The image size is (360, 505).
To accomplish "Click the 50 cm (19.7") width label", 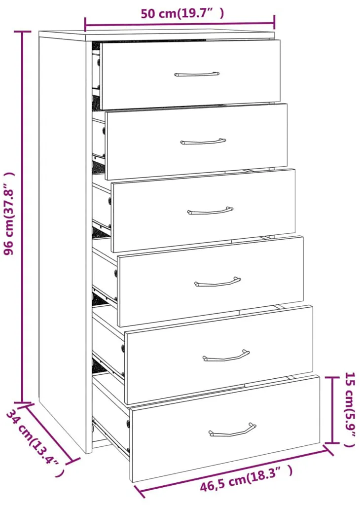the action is pos(182,13).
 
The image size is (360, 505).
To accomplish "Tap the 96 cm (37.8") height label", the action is pos(9,214).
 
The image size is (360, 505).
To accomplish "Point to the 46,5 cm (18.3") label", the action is pos(247,480).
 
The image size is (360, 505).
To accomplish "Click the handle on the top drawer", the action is pos(197,74).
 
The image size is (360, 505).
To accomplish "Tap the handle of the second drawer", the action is pos(203,142).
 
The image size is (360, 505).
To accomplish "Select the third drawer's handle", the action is pos(210,211).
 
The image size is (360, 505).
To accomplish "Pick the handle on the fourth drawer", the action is pos(217,282).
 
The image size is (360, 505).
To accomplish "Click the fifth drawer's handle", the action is pos(226,355).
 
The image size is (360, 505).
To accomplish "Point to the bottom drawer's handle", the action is pos(232,430).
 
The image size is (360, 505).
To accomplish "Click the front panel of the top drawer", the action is pos(190,74).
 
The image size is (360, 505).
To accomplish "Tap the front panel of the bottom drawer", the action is pos(225,429).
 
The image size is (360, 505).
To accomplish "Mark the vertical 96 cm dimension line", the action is pos(23,217).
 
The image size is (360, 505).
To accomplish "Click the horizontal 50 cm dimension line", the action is pos(180,23).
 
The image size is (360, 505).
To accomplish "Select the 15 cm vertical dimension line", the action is pos(332,410).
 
